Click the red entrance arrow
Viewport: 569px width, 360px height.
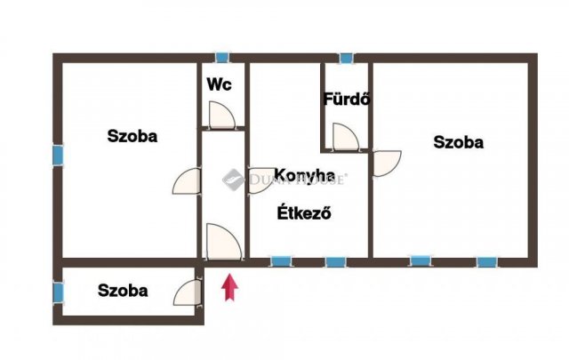coord(229,287)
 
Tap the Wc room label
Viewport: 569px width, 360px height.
coord(220,84)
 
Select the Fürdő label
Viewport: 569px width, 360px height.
coord(347,99)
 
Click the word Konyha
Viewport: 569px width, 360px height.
coord(304,175)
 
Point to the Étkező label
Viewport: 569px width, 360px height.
coord(304,213)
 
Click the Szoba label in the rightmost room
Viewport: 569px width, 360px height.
coord(459,142)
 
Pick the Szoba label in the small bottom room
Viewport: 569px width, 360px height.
coord(123,291)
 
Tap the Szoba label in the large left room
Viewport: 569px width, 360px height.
coord(132,136)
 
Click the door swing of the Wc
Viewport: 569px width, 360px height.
coord(222,115)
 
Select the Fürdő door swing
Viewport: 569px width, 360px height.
coord(346,137)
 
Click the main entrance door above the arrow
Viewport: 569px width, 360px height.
coord(224,242)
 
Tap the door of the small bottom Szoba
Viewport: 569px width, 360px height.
coord(187,292)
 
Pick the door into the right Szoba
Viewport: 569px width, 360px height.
coord(387,164)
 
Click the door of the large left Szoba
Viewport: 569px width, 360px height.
coord(187,180)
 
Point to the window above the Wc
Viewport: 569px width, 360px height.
coord(221,58)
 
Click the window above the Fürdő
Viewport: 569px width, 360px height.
coord(346,58)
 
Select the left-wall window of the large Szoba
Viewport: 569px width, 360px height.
coord(58,156)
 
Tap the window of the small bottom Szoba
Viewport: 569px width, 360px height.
coord(58,292)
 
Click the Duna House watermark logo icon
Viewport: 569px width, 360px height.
coord(233,180)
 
